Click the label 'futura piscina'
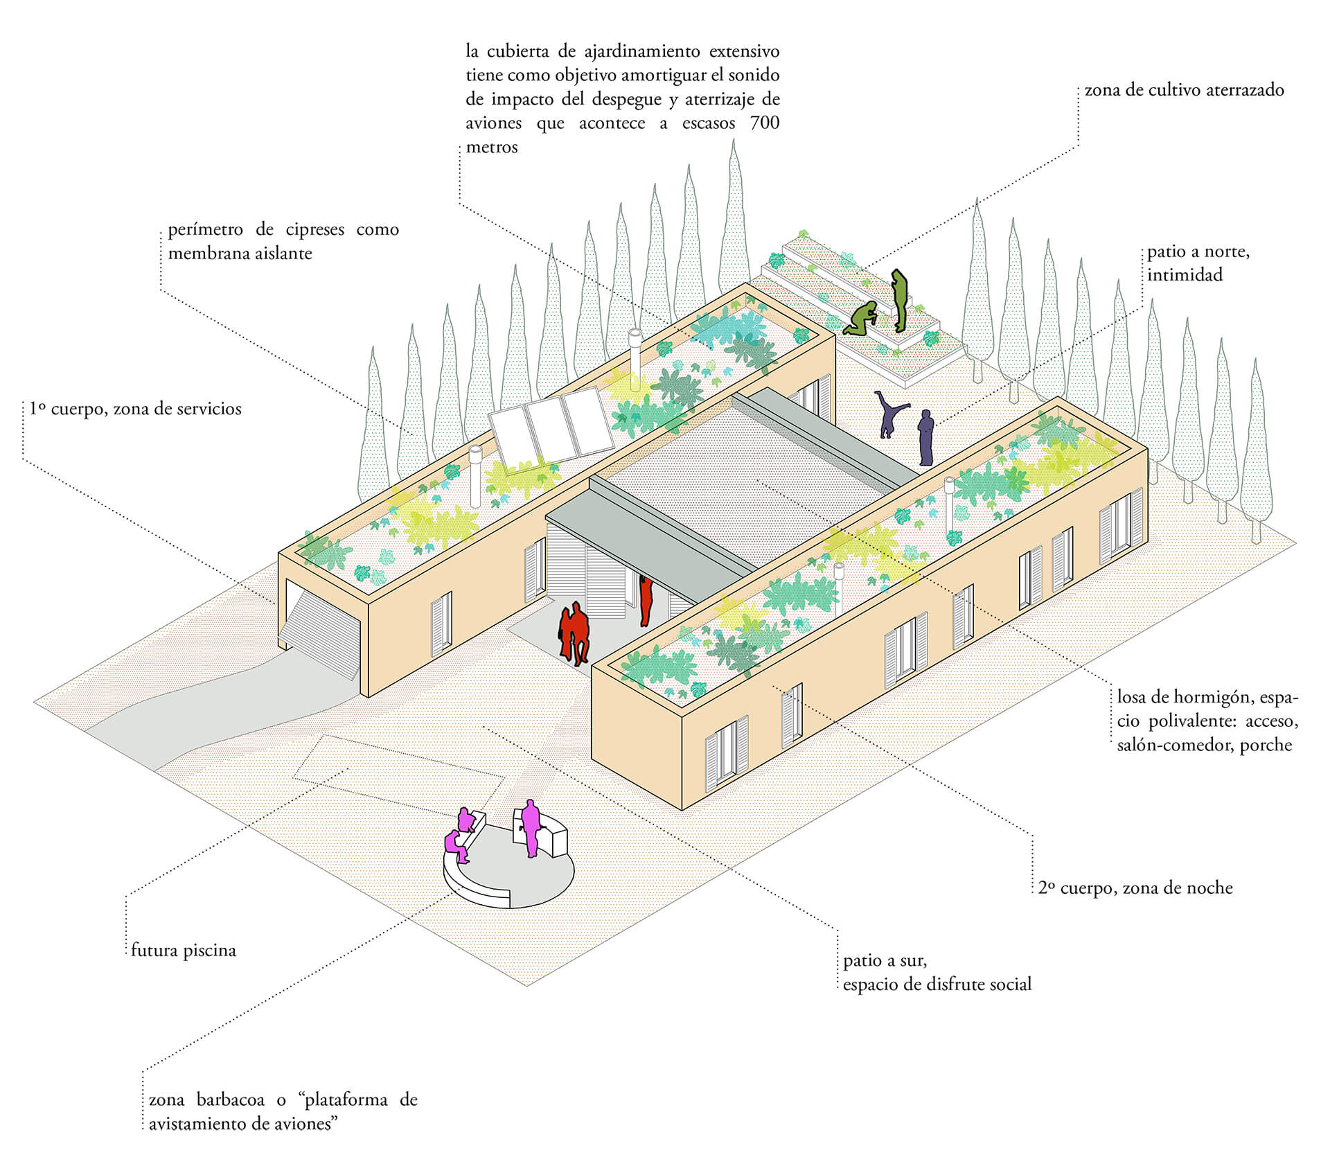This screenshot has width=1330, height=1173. [184, 950]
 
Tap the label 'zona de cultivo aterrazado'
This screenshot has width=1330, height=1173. [1184, 90]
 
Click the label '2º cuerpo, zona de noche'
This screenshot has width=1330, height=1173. [1135, 888]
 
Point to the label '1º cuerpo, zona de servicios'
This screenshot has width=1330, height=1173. [136, 409]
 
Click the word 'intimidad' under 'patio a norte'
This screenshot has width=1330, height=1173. [1185, 275]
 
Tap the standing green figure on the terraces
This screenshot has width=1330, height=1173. [899, 300]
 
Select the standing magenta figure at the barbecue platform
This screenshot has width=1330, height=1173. [531, 828]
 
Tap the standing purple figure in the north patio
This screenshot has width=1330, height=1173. [925, 438]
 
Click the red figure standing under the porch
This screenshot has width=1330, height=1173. [646, 599]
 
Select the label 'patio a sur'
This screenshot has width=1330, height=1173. [885, 961]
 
